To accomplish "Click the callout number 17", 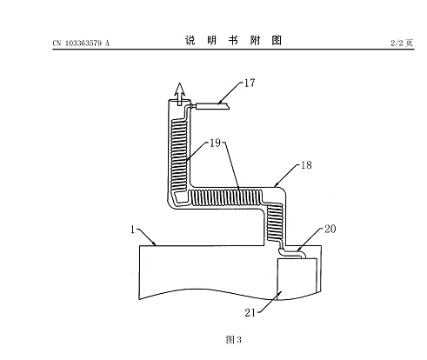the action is [250, 83].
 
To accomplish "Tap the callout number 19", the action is [215, 143].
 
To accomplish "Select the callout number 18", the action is [306, 165].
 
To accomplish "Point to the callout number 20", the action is [330, 229].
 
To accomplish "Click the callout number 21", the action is [250, 313].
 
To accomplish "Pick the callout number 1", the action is [133, 230].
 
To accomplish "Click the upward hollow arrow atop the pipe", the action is [180, 94].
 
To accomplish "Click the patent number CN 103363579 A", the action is [81, 43].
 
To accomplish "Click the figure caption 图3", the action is [233, 339].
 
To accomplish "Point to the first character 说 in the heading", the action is [190, 40].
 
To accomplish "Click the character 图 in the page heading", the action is [277, 40].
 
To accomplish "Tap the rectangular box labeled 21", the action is [297, 279].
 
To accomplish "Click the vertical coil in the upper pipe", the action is [179, 156].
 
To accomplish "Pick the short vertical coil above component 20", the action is [274, 222].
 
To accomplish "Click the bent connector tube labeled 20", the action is [292, 252].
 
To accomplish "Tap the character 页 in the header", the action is [409, 43].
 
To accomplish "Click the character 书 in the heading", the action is [233, 40].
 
